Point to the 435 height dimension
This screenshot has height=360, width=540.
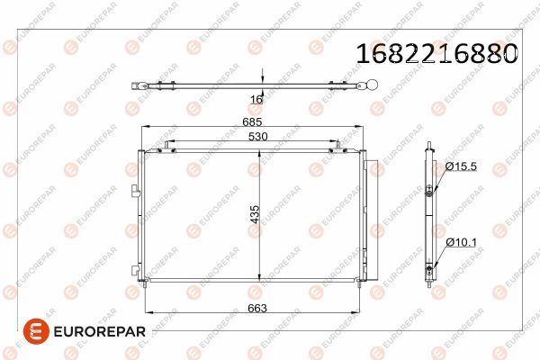255,214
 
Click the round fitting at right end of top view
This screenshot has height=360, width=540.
368,86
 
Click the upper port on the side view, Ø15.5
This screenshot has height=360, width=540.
429,190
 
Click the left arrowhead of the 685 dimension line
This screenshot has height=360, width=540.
145,129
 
